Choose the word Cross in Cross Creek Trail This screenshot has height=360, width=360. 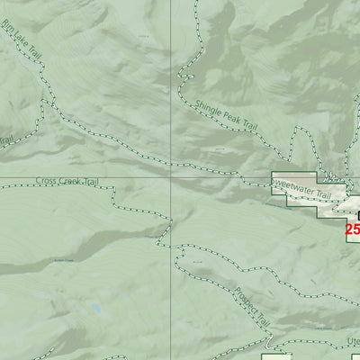pos(45,181)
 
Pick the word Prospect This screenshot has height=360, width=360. pos(246,298)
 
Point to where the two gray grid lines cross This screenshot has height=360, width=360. pos(172,176)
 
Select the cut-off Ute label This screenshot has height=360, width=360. pos(353,342)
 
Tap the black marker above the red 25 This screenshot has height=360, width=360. pos(357,215)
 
